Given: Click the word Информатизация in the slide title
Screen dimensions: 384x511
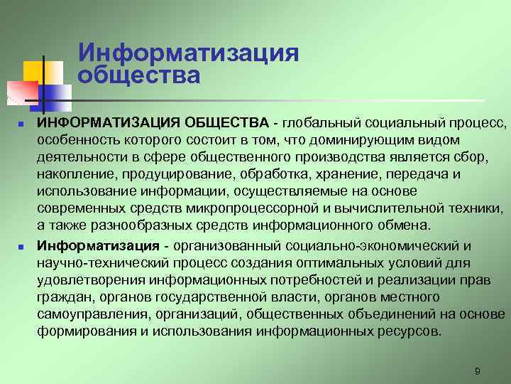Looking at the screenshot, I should pos(188,52).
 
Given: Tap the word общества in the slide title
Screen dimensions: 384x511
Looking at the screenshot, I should pos(139,74).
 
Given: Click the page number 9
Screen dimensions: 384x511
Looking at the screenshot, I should pos(478,371).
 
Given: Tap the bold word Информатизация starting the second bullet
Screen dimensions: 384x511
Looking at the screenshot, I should pos(98,245).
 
